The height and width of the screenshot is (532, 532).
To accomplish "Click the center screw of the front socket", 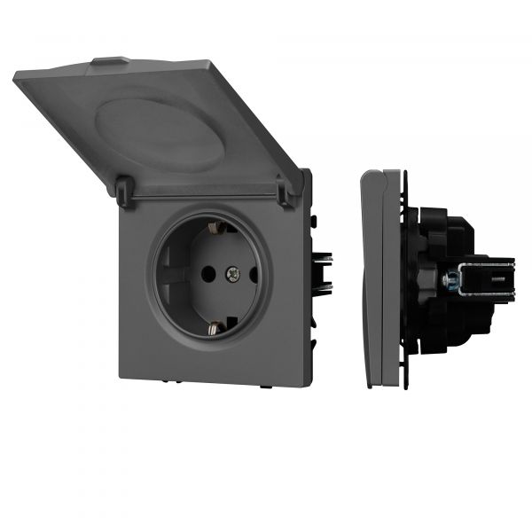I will tap(233, 276).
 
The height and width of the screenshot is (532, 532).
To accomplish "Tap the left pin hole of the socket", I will tap(210, 276).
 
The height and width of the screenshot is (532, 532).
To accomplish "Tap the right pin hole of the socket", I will tap(254, 276).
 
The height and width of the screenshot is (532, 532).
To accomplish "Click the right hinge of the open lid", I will tap(284, 190).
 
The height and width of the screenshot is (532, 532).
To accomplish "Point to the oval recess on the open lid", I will tap(160, 132).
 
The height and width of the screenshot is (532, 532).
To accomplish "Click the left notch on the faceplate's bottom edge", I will tap(177, 382).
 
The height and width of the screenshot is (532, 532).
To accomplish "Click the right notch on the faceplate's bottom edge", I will tap(265, 387).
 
